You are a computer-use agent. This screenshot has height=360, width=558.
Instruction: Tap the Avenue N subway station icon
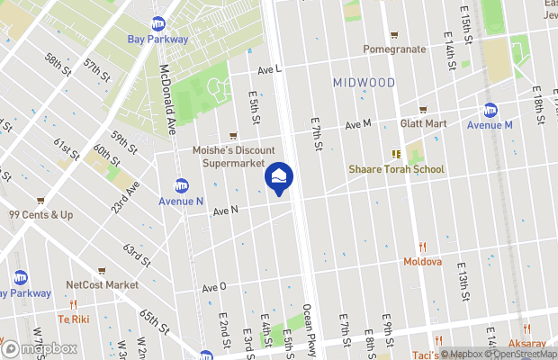(x=181, y=185)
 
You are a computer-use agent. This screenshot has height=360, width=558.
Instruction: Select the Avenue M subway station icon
(x=490, y=111)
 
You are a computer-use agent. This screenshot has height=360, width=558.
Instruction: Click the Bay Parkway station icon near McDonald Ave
(x=158, y=23)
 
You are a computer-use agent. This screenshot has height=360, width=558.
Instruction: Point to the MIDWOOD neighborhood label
(x=364, y=82)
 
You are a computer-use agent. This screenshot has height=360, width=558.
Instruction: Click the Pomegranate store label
(x=394, y=49)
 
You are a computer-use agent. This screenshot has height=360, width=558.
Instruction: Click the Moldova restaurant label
(x=422, y=262)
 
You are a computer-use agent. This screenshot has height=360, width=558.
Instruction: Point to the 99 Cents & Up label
(x=40, y=215)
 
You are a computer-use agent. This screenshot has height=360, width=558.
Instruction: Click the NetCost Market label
(x=102, y=284)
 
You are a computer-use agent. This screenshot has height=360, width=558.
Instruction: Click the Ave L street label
(x=269, y=69)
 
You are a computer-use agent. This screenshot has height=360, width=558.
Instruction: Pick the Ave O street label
(x=214, y=287)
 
